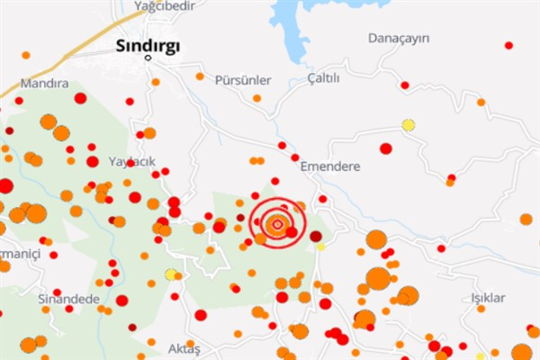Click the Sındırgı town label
point(148,45)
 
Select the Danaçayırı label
point(400,38)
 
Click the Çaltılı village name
point(324,78)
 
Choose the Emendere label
point(330,166)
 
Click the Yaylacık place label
point(132,161)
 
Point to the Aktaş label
point(184,347)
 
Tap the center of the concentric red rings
point(278,223)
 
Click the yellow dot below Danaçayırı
point(409,125)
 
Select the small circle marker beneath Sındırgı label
point(149,59)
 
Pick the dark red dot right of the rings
point(316,236)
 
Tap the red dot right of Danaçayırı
point(508,45)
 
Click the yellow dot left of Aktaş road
point(170,274)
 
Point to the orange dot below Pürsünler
point(257,98)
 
